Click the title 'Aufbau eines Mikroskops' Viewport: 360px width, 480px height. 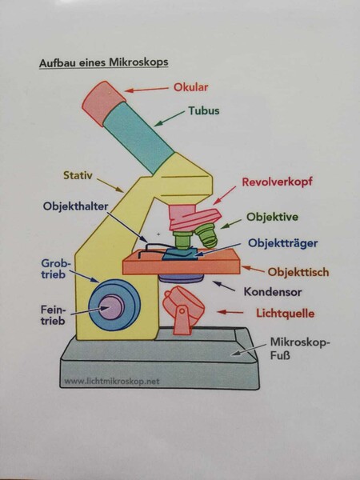click(104, 62)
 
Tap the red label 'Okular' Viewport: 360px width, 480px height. click(190, 87)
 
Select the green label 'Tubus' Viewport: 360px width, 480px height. click(204, 110)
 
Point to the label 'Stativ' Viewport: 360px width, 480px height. click(78, 175)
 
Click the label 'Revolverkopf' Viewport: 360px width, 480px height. click(277, 182)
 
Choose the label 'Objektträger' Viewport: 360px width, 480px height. click(283, 243)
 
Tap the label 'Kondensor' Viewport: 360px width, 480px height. click(273, 292)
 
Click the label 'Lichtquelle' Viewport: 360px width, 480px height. click(286, 314)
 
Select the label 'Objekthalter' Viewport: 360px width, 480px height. click(76, 206)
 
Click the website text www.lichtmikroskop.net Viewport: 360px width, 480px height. click(112, 382)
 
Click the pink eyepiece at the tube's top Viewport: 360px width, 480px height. click(104, 103)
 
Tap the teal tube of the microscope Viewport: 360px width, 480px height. click(138, 138)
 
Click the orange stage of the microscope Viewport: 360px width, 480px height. click(182, 262)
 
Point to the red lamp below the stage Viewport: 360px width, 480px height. click(183, 309)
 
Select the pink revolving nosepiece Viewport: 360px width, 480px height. click(194, 218)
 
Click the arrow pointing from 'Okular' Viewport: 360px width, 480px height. click(146, 90)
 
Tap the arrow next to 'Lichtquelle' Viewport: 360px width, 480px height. click(230, 312)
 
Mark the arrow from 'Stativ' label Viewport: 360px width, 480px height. click(110, 186)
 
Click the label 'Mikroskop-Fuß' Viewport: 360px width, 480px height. click(300, 349)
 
